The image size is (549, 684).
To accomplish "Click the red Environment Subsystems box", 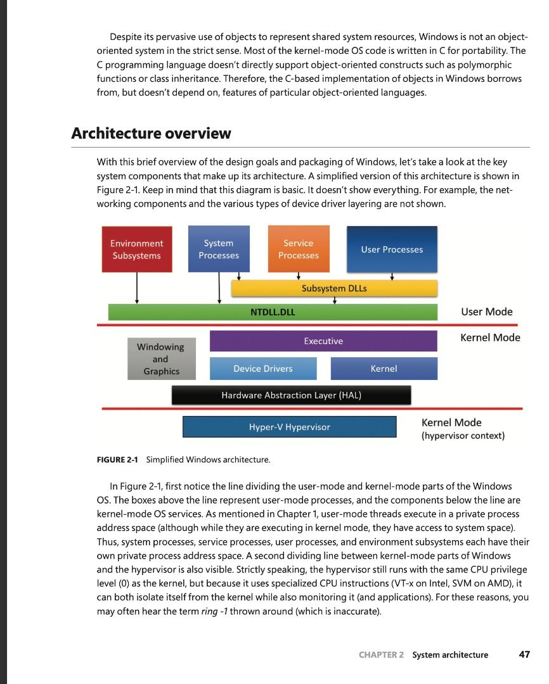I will (136, 250).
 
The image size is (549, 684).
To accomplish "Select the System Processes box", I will (219, 249).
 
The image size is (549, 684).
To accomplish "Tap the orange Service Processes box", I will (298, 249).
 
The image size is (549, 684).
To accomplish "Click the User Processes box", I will (392, 250).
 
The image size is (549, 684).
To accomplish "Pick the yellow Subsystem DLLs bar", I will (334, 288).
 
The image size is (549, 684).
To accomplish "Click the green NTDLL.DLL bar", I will (273, 312).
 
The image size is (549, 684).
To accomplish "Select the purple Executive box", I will (323, 341).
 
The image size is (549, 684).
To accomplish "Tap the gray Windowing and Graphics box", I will (161, 359).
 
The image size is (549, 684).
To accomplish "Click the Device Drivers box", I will (263, 369).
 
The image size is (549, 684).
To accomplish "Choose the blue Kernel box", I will (384, 369).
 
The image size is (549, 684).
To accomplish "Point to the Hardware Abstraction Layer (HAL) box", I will (291, 395).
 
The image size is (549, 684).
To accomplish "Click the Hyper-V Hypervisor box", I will (289, 427).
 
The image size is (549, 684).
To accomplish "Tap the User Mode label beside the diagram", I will (486, 312).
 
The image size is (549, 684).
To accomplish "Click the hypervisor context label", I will (463, 436).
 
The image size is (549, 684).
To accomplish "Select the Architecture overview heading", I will (151, 134).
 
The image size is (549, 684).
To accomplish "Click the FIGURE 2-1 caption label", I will (119, 459).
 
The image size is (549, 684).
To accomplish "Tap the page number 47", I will (524, 655).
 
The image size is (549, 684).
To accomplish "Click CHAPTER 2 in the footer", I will (380, 655).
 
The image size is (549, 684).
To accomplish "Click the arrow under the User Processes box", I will (392, 275).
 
